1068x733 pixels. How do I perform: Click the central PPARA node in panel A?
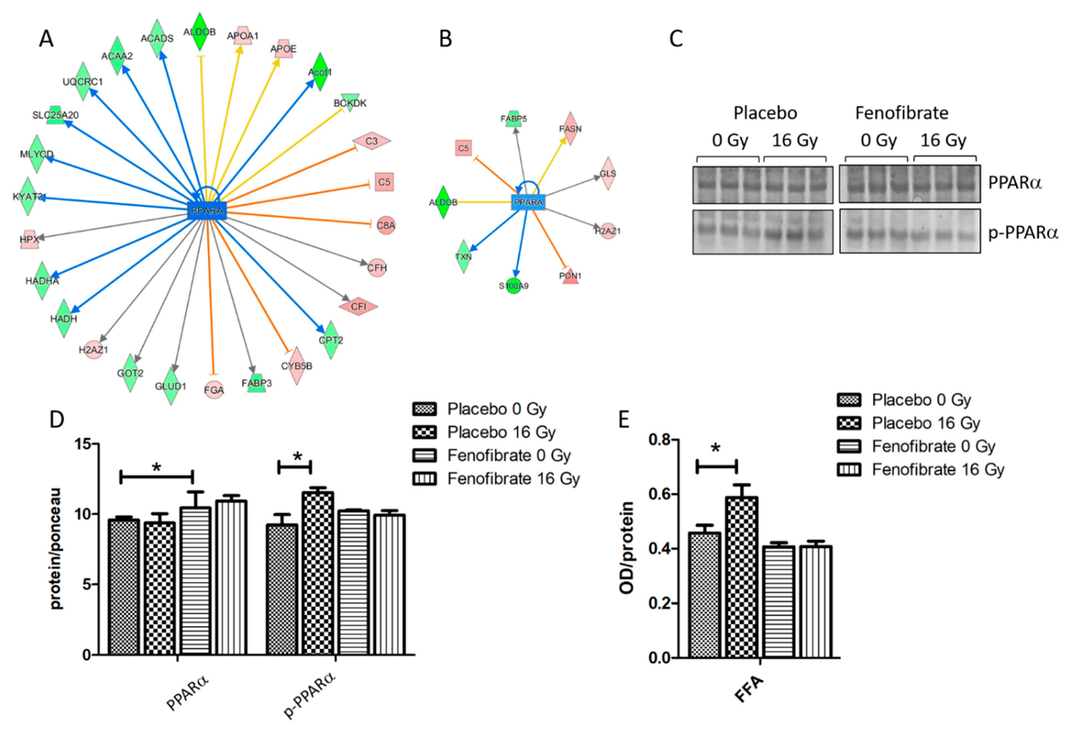[x=207, y=211]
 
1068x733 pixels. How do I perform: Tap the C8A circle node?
[x=386, y=225]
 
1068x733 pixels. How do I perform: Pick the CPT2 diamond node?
[x=331, y=340]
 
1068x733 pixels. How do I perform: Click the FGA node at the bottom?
[x=214, y=390]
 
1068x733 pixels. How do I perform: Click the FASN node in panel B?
[x=570, y=129]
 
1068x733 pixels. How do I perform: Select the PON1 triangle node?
[x=570, y=276]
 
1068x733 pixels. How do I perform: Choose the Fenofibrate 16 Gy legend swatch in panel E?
[x=849, y=470]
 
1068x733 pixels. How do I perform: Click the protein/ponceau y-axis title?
[x=56, y=549]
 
